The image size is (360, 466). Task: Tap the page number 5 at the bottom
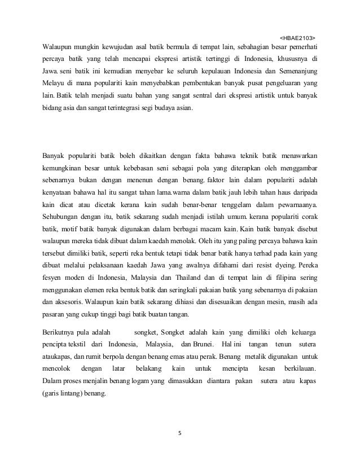[179, 433]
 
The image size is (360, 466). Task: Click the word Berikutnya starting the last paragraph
[62, 332]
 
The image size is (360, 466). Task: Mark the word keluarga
[299, 332]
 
